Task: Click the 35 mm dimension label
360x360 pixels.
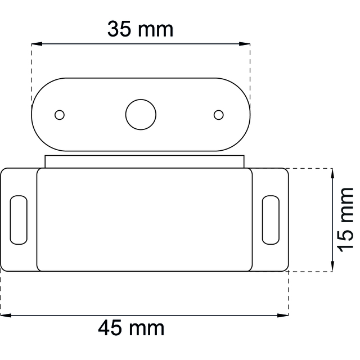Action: coord(140,29)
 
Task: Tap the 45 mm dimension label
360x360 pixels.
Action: coord(131,328)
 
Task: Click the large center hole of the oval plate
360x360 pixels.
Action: coord(141,115)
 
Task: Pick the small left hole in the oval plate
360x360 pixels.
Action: coord(60,115)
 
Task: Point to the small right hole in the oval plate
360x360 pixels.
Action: coord(219,115)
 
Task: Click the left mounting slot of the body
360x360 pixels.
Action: coord(19,220)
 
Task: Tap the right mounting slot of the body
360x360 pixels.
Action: coord(271,220)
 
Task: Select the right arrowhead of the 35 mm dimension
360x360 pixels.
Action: coord(245,44)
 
